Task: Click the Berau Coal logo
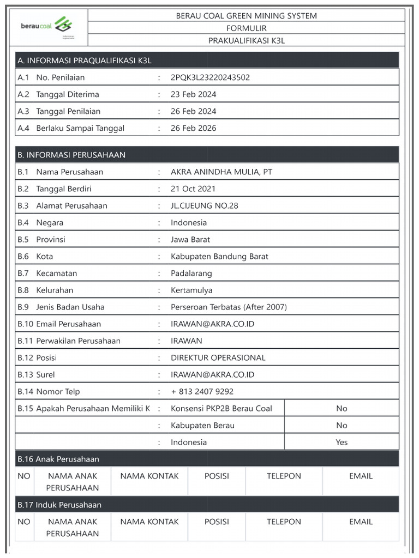coord(47,26)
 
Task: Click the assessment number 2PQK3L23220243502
coord(210,77)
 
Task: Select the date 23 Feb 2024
coord(193,94)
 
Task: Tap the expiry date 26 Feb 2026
coord(193,128)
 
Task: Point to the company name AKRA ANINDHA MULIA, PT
coord(222,172)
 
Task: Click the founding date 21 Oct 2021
coord(193,189)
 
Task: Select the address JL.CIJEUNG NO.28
coord(204,205)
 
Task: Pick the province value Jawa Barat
coord(190,239)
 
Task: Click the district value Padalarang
coord(191,273)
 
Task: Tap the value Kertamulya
coord(191,290)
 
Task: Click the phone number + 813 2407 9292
coord(202,391)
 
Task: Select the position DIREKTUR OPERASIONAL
coord(218,357)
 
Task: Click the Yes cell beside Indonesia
coord(342,442)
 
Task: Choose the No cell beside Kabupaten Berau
coord(342,425)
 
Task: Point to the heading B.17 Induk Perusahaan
coord(59,505)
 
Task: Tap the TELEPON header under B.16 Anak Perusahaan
coord(284,476)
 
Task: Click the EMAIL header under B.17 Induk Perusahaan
coord(361,521)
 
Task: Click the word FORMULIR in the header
coord(246,28)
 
